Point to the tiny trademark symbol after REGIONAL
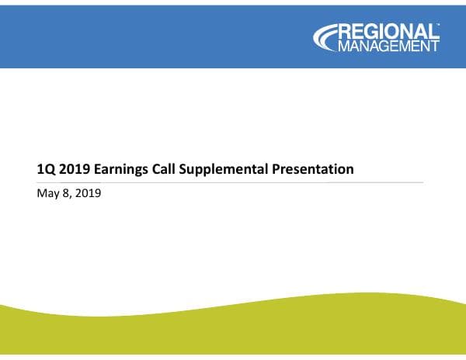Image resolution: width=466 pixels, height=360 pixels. [438, 25]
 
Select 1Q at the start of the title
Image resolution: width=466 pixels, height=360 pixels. [45, 168]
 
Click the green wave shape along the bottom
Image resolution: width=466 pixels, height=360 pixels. [233, 334]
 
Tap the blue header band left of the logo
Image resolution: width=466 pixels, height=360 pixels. [155, 35]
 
